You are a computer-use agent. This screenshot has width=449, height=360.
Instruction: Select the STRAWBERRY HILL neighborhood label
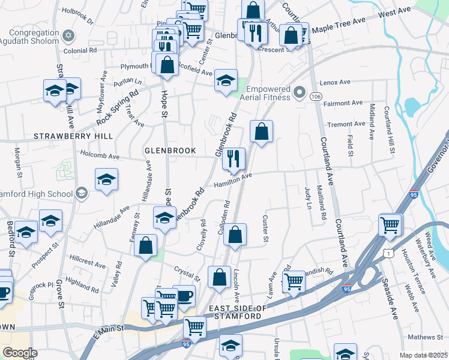73,137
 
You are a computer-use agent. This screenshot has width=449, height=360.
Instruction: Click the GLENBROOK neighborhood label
170,151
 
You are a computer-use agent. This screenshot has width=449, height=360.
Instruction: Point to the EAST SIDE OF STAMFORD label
235,312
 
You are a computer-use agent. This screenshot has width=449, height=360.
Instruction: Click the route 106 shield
315,95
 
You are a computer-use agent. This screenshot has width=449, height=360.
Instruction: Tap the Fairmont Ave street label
343,103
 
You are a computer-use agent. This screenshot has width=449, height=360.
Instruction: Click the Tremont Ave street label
346,124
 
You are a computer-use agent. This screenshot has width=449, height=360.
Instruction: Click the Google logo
20,353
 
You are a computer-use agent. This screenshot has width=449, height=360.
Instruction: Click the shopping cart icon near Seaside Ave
390,225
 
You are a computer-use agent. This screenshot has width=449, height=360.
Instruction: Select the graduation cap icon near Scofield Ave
226,82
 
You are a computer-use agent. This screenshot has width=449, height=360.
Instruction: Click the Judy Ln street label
309,197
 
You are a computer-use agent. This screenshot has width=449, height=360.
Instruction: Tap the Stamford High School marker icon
82,193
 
